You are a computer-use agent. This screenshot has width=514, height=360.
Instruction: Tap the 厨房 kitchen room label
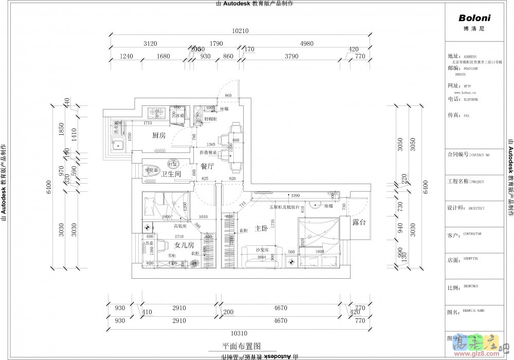[x=158, y=136]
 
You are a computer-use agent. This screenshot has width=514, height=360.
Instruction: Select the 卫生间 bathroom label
[x=157, y=174]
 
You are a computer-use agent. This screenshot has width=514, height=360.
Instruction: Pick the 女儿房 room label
[x=184, y=245]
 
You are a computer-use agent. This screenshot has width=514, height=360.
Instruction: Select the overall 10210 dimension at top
[x=240, y=31]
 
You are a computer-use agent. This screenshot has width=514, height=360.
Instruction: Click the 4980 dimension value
[x=307, y=44]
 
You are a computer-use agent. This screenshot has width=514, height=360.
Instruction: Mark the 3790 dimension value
[x=291, y=56]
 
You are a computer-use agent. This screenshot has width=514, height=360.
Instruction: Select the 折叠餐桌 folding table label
[x=209, y=152]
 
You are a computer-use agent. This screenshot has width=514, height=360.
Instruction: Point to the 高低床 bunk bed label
[x=179, y=225]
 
